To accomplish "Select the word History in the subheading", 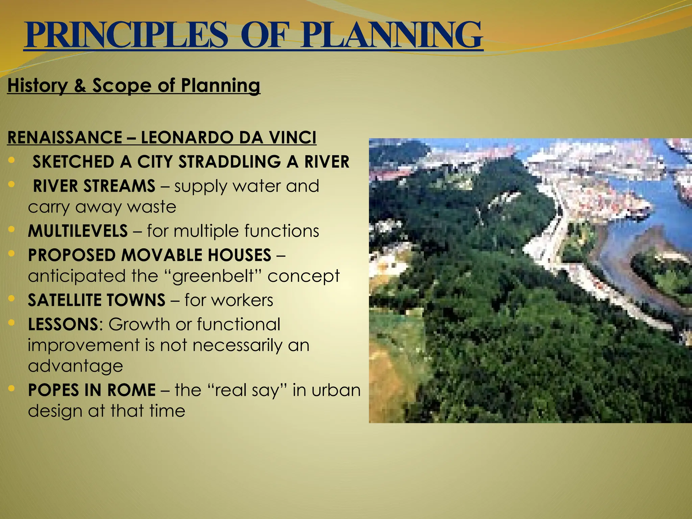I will coord(37,85).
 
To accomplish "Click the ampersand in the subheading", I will coord(80,85).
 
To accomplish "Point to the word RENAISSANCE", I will coord(65,138).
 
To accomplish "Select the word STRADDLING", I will coord(229,162).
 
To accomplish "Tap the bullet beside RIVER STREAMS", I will coord(11,184).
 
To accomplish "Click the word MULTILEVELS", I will coord(78,231).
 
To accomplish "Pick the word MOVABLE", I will coord(162,255).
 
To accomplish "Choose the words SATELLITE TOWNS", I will coord(96,300).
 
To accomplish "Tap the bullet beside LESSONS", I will coord(11,323).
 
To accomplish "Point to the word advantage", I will coord(75,366).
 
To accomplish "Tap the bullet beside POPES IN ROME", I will coord(11,389).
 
